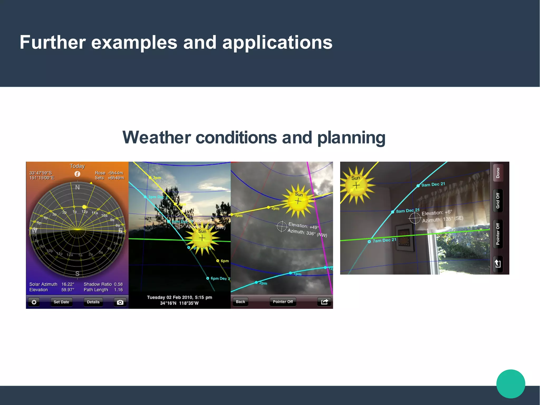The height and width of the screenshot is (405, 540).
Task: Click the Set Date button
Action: (x=61, y=302)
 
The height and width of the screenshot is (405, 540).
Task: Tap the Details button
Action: (x=93, y=302)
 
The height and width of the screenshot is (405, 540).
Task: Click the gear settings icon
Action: (x=34, y=302)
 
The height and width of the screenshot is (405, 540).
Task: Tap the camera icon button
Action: (x=120, y=302)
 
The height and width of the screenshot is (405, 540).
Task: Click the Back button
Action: (x=240, y=302)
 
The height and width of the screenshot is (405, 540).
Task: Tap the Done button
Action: (x=498, y=173)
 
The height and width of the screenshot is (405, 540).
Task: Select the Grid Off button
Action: (x=498, y=201)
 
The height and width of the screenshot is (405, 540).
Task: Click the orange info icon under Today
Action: (x=77, y=174)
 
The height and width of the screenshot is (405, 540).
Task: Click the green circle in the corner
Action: (x=510, y=384)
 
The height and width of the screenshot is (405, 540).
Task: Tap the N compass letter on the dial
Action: (x=77, y=187)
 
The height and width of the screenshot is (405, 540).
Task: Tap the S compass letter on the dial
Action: (x=77, y=273)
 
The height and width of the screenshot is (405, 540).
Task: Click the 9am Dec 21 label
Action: (x=433, y=184)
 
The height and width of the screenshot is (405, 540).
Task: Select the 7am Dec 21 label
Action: (x=384, y=240)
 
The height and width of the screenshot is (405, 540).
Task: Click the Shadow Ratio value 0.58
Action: (x=118, y=284)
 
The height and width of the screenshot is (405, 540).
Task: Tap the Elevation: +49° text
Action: (x=303, y=226)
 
